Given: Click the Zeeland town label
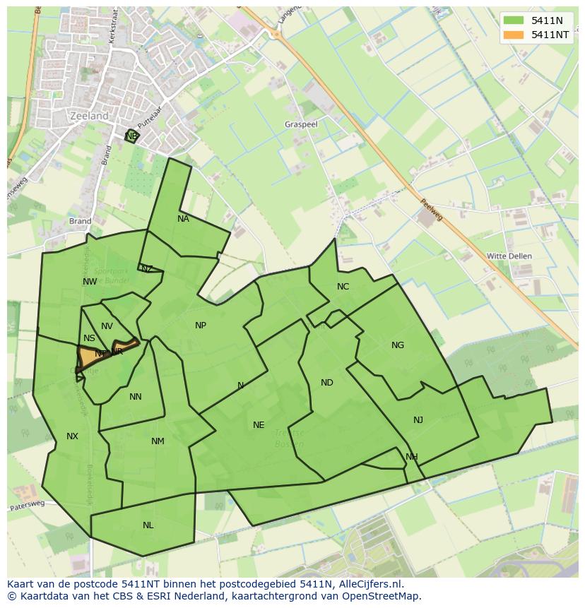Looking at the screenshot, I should click(x=90, y=116).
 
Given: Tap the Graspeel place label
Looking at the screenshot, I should click(x=302, y=124).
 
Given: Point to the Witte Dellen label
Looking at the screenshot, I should click(x=509, y=256).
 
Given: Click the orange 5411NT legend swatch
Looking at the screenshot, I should click(x=514, y=34).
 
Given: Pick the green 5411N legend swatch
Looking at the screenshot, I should click(x=514, y=20).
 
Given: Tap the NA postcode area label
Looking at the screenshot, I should click(x=183, y=219).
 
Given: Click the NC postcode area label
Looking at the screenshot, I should click(x=343, y=286).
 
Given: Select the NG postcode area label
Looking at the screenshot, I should click(x=398, y=345).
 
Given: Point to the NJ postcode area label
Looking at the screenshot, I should click(x=418, y=420).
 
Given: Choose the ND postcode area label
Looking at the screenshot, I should click(x=326, y=383).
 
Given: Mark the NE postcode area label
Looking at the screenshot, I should click(x=259, y=425).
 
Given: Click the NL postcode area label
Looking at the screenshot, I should click(x=148, y=525).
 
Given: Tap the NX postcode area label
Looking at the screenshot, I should click(x=72, y=436).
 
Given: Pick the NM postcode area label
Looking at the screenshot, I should click(x=158, y=441).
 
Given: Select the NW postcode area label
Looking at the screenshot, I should click(x=90, y=282).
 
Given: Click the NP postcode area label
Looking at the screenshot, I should click(x=201, y=326).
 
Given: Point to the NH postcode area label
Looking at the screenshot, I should click(x=411, y=457).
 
